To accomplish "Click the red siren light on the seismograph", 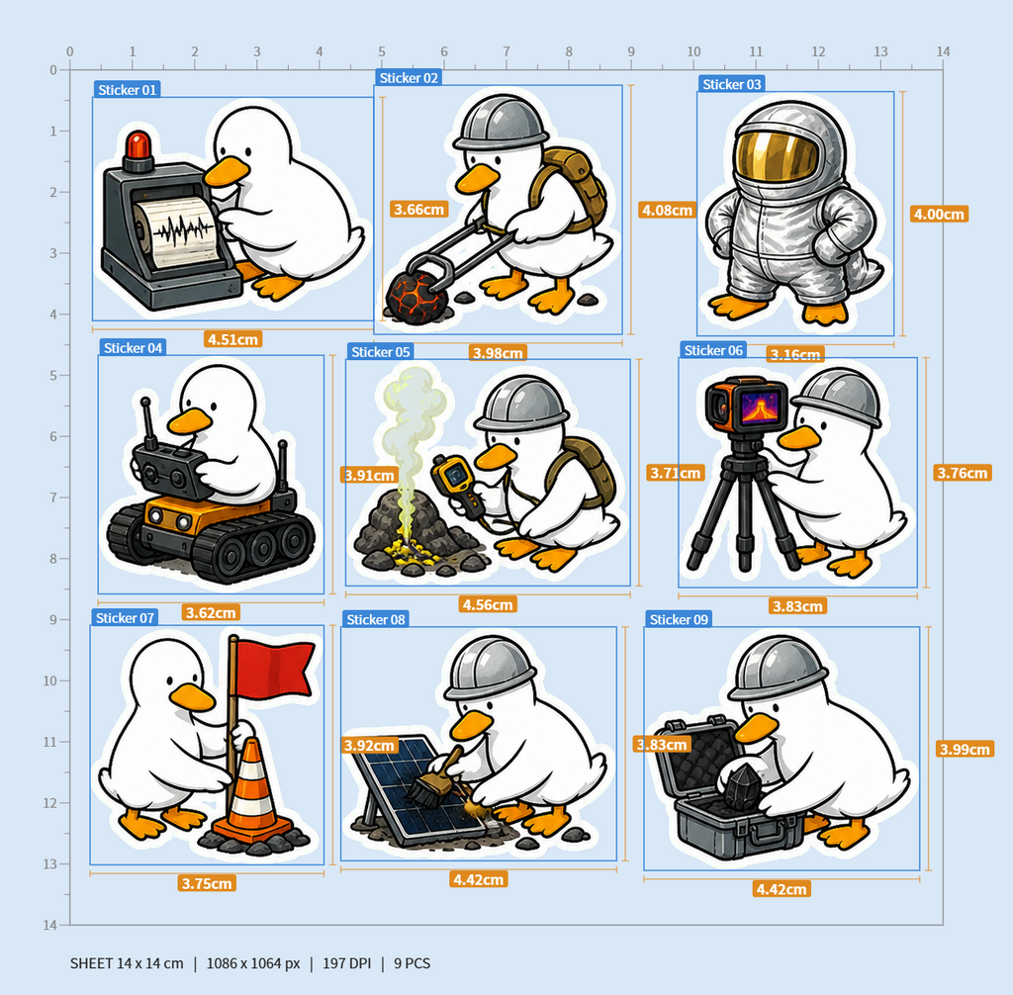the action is [138, 144].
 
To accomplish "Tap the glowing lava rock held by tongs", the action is [416, 296].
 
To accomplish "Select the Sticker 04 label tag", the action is [133, 347].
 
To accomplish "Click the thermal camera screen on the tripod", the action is [760, 407].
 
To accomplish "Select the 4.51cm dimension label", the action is [232, 339].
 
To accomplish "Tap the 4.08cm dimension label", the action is [667, 210].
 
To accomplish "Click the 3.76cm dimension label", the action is [962, 473].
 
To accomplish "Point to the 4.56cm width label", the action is [488, 604].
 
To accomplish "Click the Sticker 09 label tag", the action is [679, 619].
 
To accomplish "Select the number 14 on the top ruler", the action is [943, 51].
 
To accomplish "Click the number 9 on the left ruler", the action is [53, 619].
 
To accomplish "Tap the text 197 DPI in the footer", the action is [347, 963].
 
